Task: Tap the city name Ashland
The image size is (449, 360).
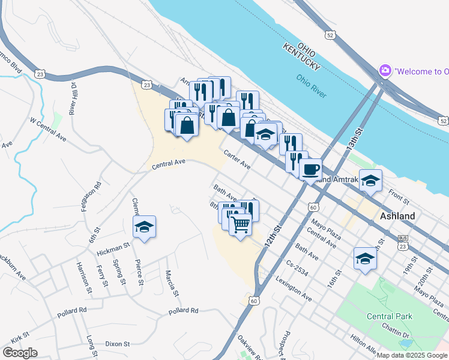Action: [398, 216]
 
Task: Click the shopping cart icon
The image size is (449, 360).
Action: [240, 225]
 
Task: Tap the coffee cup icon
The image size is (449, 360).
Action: [310, 169]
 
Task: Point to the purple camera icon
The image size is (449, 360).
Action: [385, 71]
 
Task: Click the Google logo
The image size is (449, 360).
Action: [20, 353]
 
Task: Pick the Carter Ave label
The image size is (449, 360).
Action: [237, 159]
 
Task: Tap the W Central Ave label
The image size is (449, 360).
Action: [48, 127]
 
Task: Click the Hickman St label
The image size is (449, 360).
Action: [113, 246]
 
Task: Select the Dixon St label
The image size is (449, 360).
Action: [118, 344]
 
